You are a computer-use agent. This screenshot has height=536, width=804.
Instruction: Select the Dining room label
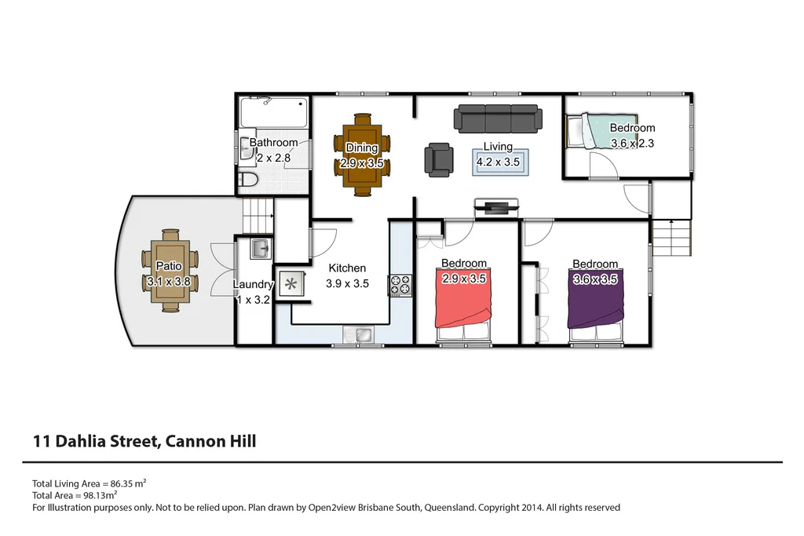[361, 148]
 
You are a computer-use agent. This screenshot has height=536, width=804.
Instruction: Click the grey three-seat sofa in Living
[498, 119]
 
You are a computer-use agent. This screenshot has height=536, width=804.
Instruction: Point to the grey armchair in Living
[439, 159]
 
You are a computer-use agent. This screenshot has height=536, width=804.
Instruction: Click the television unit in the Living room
[496, 208]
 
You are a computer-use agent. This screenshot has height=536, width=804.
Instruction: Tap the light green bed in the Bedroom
[601, 130]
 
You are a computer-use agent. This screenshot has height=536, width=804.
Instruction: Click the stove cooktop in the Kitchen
[400, 285]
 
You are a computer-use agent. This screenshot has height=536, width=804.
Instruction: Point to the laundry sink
[261, 250]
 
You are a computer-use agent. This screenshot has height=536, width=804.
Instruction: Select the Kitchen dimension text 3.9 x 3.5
[347, 284]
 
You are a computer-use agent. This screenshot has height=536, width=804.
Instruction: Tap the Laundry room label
[253, 285]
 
